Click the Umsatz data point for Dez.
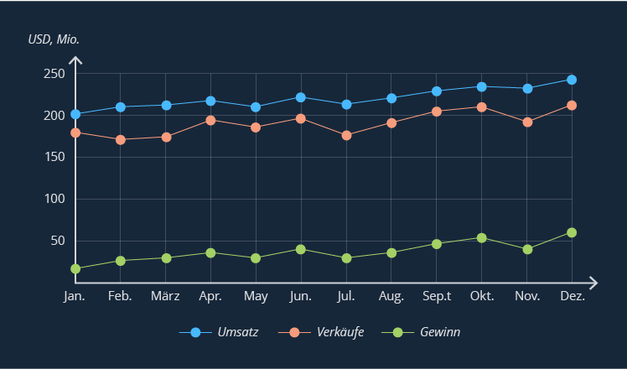pos(572,80)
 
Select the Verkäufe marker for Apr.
pos(210,121)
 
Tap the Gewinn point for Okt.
pos(482,238)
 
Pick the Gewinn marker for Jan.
pos(75,269)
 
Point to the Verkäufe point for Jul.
pos(346,135)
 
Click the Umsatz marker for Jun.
pos(301,97)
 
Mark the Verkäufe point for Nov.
pos(527,122)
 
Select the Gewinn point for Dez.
pos(572,232)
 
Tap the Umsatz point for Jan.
pos(75,114)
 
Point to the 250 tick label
pos(54,73)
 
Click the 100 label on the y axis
pos(54,199)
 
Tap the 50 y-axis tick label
pos(58,241)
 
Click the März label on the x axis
pos(165,297)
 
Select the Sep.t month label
pos(437,297)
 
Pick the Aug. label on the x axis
pos(391,297)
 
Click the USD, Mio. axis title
pos(54,39)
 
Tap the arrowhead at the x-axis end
pos(593,282)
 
